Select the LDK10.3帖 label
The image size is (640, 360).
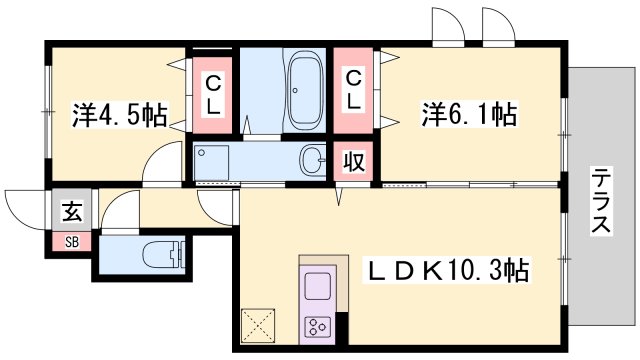tap(448, 270)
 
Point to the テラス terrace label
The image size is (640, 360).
tap(600, 200)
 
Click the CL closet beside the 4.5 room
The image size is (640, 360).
tap(214, 93)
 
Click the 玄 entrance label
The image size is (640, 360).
tap(72, 211)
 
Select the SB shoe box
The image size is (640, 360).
tap(72, 240)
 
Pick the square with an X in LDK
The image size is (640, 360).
tap(256, 325)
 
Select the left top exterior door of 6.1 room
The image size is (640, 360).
tap(446, 25)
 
